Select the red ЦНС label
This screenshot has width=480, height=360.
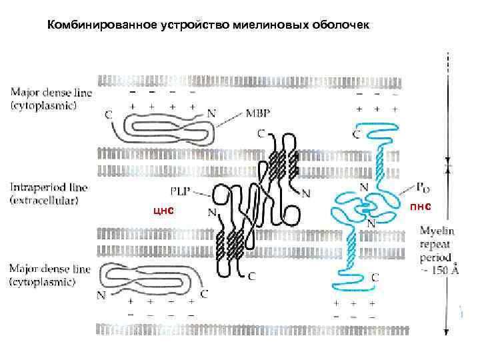163,211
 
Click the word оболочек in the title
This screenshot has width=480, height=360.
343,25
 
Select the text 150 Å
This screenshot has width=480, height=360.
443,271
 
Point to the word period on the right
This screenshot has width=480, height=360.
436,257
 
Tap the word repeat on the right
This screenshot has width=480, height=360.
436,245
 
